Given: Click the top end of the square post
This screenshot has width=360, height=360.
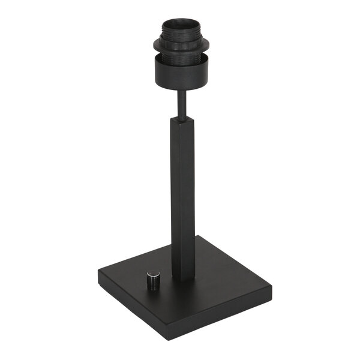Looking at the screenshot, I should pyautogui.click(x=182, y=119).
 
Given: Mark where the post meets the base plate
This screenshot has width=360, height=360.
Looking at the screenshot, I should pyautogui.click(x=182, y=277).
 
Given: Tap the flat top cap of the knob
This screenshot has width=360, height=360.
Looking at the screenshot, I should pyautogui.click(x=152, y=274).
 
